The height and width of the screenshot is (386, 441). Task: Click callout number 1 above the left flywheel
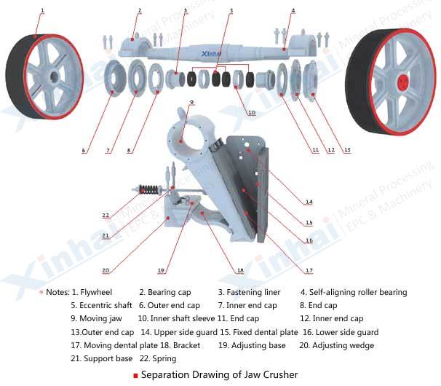(x=42, y=9)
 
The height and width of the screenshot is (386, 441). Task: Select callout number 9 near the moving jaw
(x=191, y=102)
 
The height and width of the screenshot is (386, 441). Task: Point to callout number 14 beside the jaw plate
(x=309, y=202)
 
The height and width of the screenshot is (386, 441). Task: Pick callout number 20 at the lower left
(x=106, y=270)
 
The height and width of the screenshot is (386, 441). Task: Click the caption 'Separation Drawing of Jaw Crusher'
(x=219, y=375)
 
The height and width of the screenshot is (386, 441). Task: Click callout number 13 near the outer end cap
(x=346, y=150)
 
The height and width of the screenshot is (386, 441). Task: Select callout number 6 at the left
(x=84, y=150)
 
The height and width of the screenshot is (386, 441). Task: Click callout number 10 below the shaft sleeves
(x=251, y=113)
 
